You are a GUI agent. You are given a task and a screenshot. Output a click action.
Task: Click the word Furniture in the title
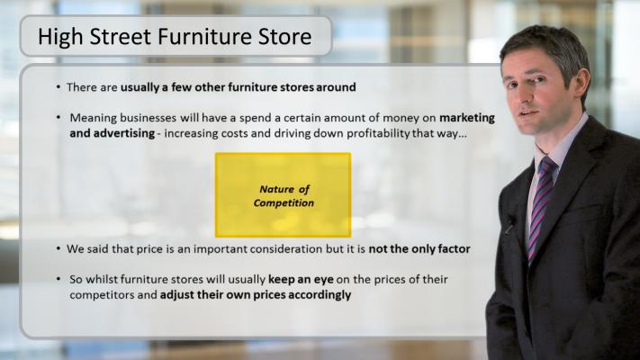click(205, 36)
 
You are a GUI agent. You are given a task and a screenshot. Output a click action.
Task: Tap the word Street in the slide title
click(121, 36)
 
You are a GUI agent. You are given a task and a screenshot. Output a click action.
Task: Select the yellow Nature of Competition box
click(283, 194)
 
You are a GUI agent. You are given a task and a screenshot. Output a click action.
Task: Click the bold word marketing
click(467, 118)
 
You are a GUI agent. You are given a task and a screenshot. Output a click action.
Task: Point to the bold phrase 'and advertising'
click(113, 133)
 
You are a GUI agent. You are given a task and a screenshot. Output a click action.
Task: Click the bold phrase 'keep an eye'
click(301, 280)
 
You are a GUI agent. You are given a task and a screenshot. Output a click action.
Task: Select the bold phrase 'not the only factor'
click(419, 248)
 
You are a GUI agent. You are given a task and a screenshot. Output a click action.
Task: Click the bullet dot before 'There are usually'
click(59, 87)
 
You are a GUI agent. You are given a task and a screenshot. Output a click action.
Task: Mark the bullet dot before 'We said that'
click(59, 248)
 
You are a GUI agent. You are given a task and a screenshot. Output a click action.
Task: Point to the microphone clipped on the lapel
click(509, 224)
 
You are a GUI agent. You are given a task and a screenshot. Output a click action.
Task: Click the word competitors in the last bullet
click(102, 295)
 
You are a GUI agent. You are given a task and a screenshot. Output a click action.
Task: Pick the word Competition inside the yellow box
click(284, 202)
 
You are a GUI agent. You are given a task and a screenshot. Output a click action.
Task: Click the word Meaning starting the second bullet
click(93, 118)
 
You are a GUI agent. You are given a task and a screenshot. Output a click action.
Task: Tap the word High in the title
click(60, 37)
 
